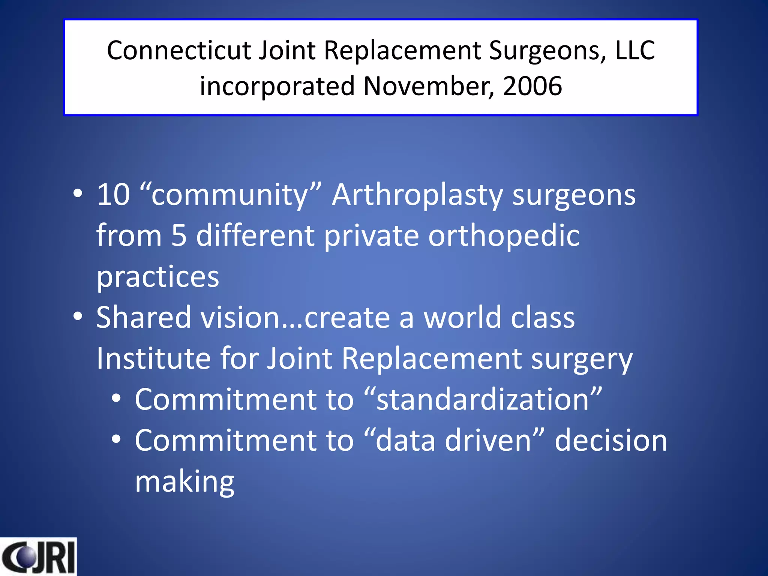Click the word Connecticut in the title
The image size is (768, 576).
click(x=179, y=50)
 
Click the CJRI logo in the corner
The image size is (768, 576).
click(x=38, y=556)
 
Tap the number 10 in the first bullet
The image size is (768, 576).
click(x=113, y=195)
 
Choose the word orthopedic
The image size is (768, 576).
click(x=504, y=236)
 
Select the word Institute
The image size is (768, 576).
click(x=153, y=358)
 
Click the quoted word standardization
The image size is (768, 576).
click(x=482, y=399)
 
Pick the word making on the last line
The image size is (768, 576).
click(x=184, y=482)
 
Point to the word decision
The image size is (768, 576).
click(x=611, y=440)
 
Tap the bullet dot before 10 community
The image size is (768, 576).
click(x=78, y=193)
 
